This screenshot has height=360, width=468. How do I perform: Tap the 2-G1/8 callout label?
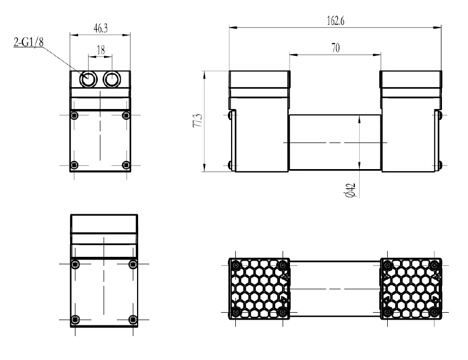(28, 43)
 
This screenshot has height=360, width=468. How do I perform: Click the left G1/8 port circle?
(88, 80)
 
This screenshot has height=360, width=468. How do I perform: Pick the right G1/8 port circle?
(112, 80)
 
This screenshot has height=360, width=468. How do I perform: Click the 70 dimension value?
(335, 48)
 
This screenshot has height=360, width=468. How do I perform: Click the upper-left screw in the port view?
(74, 115)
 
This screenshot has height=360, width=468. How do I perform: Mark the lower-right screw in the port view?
(125, 164)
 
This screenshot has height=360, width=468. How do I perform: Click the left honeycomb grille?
(259, 288)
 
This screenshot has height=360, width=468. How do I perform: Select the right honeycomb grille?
(411, 288)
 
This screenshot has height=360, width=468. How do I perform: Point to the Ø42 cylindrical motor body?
(335, 143)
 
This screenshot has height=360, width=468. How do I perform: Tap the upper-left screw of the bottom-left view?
(75, 264)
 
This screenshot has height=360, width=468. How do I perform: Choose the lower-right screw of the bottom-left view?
(133, 319)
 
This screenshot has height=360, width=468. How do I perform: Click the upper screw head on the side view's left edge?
(231, 115)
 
